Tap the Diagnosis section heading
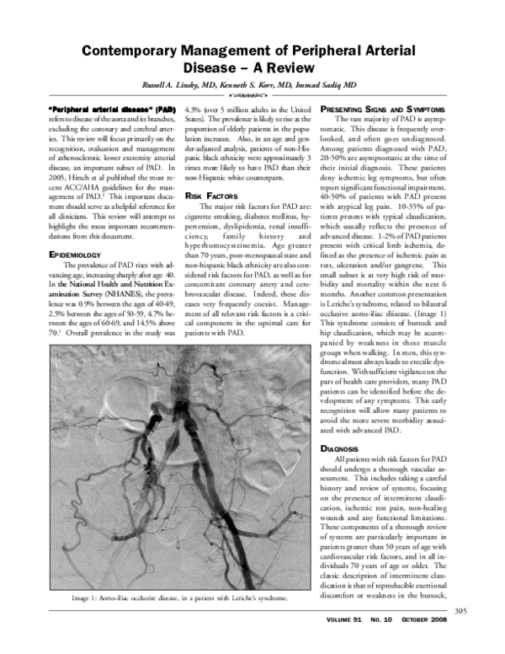click(x=345, y=448)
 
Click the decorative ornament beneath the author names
click(x=253, y=98)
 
